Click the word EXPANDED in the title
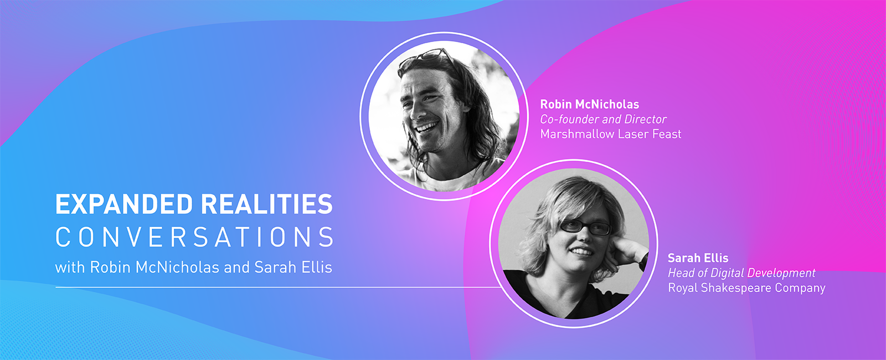(x=124, y=204)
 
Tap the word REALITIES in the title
(x=266, y=204)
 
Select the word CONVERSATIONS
(x=194, y=237)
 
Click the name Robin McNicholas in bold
(x=589, y=104)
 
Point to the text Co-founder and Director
(x=603, y=119)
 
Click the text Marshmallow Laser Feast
(x=610, y=134)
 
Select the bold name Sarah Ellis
(x=698, y=258)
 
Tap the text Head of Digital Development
(x=741, y=273)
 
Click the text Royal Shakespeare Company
(x=746, y=288)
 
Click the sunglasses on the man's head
(x=425, y=55)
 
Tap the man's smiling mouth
(x=426, y=127)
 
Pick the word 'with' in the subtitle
(x=70, y=268)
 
